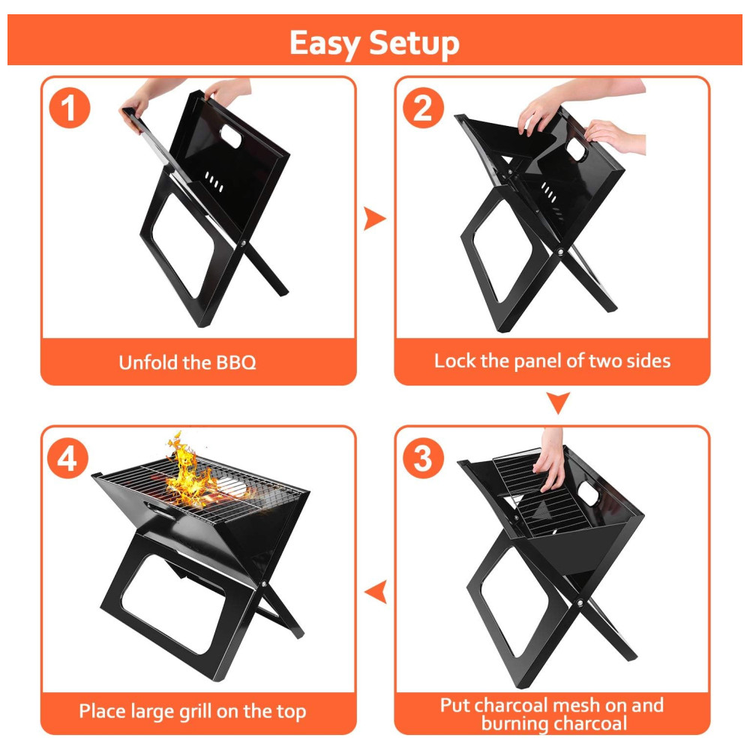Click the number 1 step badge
click(x=70, y=107)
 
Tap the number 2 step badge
click(x=423, y=107)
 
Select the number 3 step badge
click(x=423, y=457)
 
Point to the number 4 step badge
click(x=68, y=457)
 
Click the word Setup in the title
click(x=414, y=43)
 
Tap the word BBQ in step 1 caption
click(x=236, y=362)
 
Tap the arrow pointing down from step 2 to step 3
click(x=558, y=403)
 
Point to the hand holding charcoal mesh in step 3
click(x=550, y=459)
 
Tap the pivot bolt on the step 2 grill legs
click(x=561, y=252)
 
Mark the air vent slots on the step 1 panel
click(x=214, y=181)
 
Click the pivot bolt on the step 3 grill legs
click(x=580, y=603)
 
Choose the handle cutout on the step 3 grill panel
click(x=588, y=493)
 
